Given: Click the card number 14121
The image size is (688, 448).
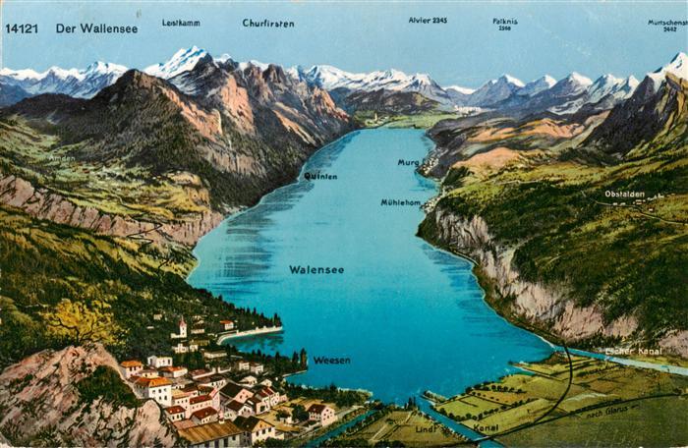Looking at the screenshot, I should point(22,28).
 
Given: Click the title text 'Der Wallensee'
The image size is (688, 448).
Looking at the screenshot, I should point(96,28).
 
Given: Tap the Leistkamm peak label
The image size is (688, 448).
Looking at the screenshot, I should point(181,22).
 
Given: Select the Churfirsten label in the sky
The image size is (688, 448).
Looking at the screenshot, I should point(268,23).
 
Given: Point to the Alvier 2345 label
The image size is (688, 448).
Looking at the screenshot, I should point(428,20).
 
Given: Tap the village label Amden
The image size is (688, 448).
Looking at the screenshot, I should point(61,158).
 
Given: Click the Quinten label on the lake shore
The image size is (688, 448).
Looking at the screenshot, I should point(319,176).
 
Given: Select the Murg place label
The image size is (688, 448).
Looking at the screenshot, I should point(408,162).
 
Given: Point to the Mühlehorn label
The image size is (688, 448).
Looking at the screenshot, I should point(401,202).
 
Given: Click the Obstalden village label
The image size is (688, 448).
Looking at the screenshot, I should point(624,195).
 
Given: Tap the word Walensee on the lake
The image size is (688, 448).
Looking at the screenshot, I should point(316,269).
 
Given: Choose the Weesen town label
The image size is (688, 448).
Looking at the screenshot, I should point(331,360).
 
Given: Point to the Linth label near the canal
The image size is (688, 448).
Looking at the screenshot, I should point(426,429).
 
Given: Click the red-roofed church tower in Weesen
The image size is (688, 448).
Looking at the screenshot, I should point(183,326).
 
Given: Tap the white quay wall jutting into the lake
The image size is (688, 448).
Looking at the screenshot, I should point(250,334).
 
